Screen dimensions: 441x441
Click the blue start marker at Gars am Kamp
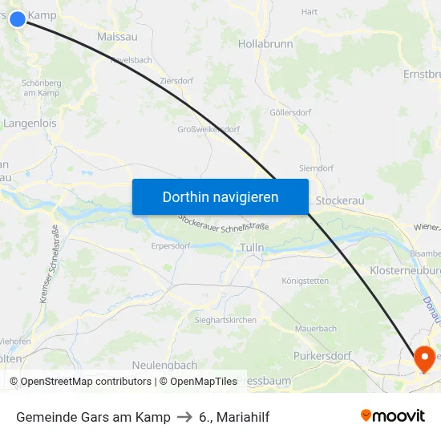[x=18, y=18]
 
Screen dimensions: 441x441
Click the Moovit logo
[x=393, y=415]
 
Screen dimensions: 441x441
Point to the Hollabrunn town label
[x=265, y=44]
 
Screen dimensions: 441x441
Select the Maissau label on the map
[x=117, y=37]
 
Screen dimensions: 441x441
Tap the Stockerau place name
[x=340, y=200]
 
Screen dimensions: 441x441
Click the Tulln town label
[x=252, y=249]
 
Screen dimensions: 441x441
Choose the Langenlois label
[x=30, y=123]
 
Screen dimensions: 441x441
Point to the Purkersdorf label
[x=322, y=355]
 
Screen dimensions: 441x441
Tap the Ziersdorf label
[x=176, y=81]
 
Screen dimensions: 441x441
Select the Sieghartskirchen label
[x=225, y=320]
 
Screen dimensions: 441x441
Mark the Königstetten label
[x=305, y=281]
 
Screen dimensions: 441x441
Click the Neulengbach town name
[x=164, y=366]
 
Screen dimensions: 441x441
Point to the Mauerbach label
[x=316, y=329]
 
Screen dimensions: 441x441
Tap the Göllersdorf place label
[x=290, y=113]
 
